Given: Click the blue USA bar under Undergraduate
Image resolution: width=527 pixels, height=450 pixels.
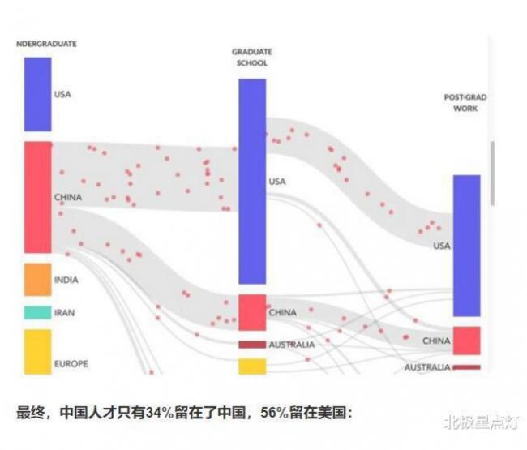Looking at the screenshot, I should (37, 94).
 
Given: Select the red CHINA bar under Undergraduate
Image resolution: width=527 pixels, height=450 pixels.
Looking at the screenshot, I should (37, 197).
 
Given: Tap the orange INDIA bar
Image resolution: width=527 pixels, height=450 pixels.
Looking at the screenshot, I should (37, 279).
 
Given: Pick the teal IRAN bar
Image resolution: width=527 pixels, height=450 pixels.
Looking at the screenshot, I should (37, 312).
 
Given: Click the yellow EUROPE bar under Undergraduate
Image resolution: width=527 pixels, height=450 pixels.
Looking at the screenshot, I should (37, 351).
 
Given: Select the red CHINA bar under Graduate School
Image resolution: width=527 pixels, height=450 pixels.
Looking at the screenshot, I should (252, 312).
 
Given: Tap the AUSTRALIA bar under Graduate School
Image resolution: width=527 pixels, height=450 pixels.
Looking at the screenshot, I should (252, 345).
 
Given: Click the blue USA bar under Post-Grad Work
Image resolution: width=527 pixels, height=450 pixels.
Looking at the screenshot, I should (466, 245).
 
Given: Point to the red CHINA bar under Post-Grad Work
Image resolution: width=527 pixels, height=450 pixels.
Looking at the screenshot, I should (466, 341).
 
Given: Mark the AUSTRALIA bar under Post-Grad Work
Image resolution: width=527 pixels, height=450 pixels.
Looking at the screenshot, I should (466, 367).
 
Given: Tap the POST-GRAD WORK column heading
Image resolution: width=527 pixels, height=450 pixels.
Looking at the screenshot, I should (465, 102).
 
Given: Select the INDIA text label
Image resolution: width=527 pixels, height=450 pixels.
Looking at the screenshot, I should (66, 280).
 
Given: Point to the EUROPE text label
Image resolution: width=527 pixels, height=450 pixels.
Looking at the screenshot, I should (71, 363).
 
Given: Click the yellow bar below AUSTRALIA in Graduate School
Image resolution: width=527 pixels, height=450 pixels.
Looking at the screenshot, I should (252, 366).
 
